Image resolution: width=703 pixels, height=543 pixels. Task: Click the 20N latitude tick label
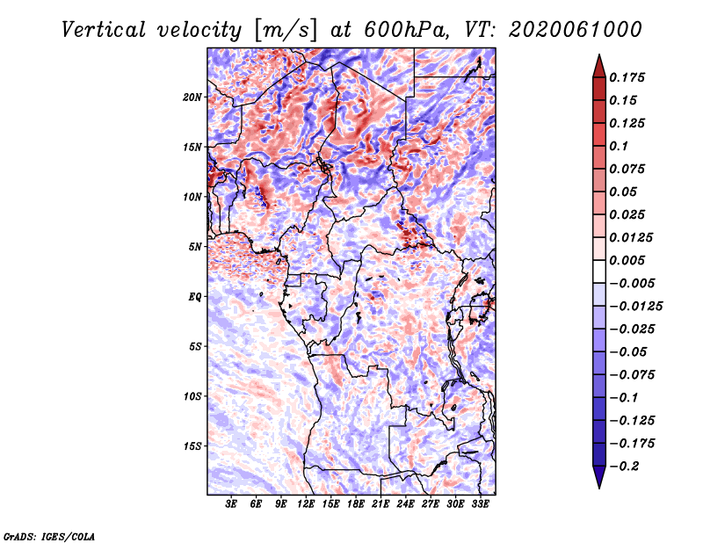click(192, 98)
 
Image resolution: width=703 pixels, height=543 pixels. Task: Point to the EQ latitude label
click(194, 297)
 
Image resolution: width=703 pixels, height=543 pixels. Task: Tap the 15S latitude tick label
click(192, 446)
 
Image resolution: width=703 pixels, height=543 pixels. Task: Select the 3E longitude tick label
click(231, 504)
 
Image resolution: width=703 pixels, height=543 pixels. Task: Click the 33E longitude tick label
click(480, 504)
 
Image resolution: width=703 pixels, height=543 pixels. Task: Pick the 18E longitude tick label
click(356, 504)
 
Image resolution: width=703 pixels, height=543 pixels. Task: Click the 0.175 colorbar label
click(627, 77)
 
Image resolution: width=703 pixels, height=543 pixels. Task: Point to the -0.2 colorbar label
click(624, 467)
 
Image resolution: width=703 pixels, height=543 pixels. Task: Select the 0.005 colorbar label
click(627, 260)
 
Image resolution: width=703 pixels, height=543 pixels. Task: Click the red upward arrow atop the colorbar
click(599, 66)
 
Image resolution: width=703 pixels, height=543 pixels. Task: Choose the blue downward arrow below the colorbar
click(599, 477)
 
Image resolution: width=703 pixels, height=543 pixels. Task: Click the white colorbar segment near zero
click(599, 271)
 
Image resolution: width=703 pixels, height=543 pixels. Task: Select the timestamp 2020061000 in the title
click(576, 30)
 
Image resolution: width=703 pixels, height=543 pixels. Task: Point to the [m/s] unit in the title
click(286, 30)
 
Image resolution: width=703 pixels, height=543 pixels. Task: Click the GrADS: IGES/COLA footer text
click(49, 537)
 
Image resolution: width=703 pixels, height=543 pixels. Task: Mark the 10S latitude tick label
click(192, 396)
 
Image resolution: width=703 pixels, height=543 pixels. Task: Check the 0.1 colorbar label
click(620, 146)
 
